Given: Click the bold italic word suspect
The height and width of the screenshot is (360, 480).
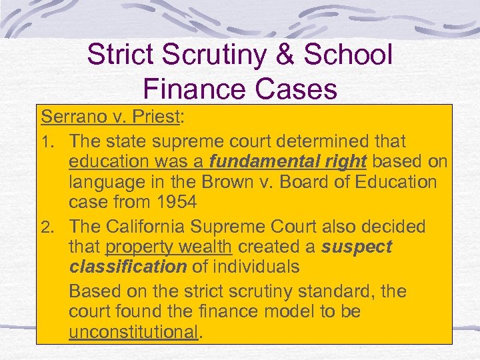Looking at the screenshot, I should (357, 247).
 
